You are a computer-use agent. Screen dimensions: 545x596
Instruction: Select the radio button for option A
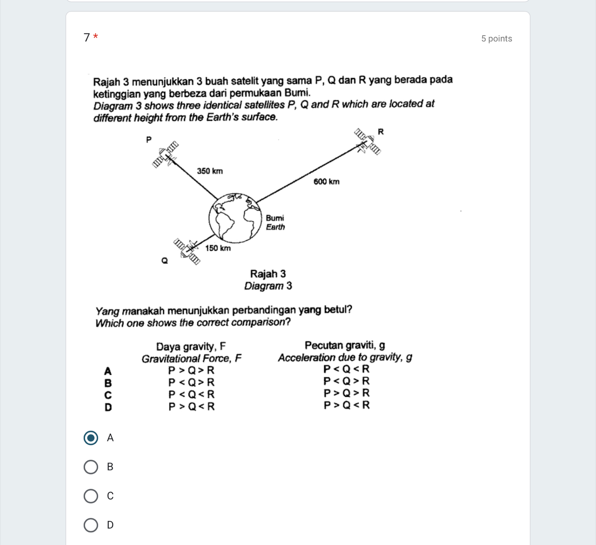pyautogui.click(x=91, y=438)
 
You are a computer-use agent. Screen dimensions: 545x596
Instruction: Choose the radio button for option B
pyautogui.click(x=91, y=467)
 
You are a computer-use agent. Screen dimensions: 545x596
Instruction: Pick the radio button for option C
pyautogui.click(x=91, y=496)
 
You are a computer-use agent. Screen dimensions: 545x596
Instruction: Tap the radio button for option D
pyautogui.click(x=91, y=525)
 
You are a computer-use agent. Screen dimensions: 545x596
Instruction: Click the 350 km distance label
pyautogui.click(x=210, y=171)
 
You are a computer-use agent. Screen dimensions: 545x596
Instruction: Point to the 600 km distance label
pyautogui.click(x=326, y=182)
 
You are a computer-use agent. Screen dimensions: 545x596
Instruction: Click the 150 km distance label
pyautogui.click(x=218, y=248)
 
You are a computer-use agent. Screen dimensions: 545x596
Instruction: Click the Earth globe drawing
pyautogui.click(x=235, y=218)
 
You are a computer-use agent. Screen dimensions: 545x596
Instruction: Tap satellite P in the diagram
pyautogui.click(x=166, y=154)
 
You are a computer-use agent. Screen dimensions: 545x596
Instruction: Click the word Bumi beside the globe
pyautogui.click(x=275, y=218)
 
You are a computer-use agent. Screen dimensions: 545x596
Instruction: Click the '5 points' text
pyautogui.click(x=496, y=38)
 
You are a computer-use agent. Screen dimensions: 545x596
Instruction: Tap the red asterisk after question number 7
pyautogui.click(x=96, y=37)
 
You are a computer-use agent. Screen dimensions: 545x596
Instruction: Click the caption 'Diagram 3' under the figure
pyautogui.click(x=268, y=286)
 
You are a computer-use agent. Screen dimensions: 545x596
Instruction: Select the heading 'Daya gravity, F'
pyautogui.click(x=191, y=347)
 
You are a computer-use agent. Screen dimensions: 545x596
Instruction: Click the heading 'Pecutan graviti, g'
pyautogui.click(x=345, y=345)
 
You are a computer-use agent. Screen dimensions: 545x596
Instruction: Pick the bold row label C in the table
pyautogui.click(x=108, y=395)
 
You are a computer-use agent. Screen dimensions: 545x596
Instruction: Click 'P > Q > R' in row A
pyautogui.click(x=191, y=371)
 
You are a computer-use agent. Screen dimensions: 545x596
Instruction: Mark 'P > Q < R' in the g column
pyautogui.click(x=346, y=405)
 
